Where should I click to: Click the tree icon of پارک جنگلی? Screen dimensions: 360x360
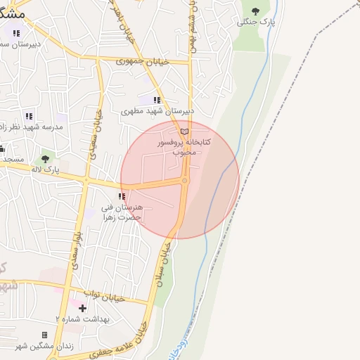(x=255, y=11)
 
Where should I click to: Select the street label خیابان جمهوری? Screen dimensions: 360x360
(x=143, y=62)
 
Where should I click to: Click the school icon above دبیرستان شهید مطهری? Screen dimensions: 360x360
(x=157, y=101)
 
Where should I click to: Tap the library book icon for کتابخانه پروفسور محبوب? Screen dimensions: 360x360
(x=185, y=131)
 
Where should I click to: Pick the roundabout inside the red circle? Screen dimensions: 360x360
(x=185, y=181)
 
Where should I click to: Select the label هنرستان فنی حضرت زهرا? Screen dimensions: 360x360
(x=122, y=212)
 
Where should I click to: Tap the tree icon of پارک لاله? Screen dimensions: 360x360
(x=46, y=158)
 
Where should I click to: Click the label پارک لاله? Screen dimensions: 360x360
(x=46, y=169)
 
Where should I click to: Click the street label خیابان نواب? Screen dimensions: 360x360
(x=104, y=295)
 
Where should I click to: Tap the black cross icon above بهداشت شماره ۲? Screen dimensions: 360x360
(x=82, y=308)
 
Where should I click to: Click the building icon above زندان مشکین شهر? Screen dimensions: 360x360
(x=45, y=335)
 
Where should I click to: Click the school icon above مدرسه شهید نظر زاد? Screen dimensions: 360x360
(x=29, y=116)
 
